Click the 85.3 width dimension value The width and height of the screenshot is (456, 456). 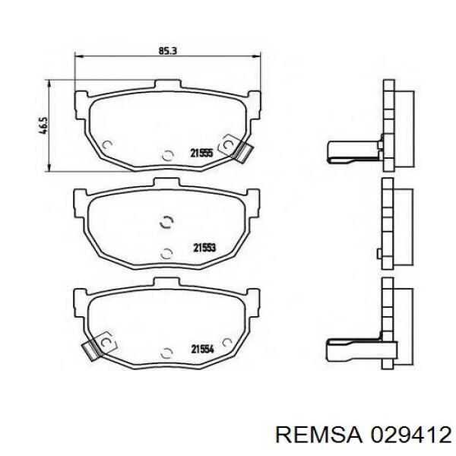168,51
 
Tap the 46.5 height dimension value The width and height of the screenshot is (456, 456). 43,125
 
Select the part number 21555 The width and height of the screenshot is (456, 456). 202,153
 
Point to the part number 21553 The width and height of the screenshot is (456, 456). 205,248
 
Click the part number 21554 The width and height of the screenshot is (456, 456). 202,349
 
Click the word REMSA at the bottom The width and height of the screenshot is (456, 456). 318,435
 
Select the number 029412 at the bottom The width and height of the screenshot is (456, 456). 410,435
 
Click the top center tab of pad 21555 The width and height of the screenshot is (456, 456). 168,84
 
